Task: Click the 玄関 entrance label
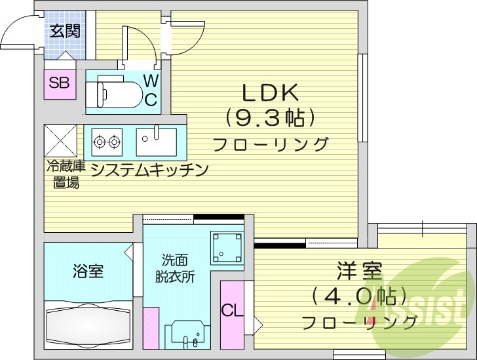[64, 30]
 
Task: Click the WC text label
[151, 90]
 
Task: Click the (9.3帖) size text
[271, 118]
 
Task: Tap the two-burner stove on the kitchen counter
[107, 140]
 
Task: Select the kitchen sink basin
[157, 140]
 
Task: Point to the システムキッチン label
[149, 170]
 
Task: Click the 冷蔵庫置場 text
[66, 174]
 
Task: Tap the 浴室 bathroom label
[88, 271]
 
